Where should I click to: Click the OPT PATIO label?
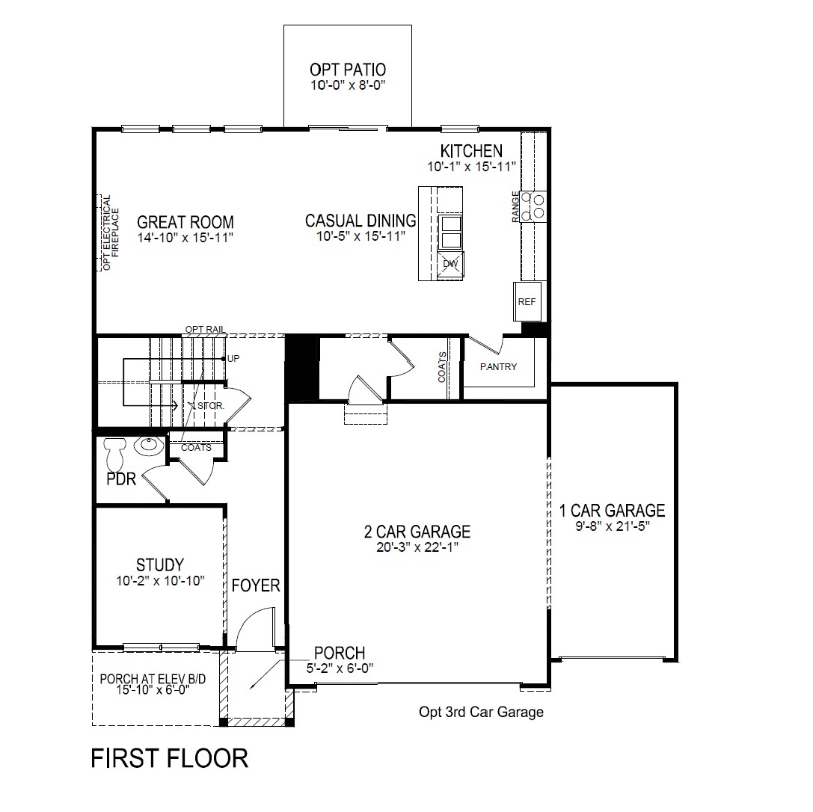[x=347, y=70]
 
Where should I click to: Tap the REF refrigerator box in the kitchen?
[x=527, y=301]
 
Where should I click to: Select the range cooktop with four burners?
[x=533, y=206]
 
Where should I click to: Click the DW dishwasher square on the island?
[x=450, y=264]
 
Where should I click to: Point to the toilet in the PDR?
[x=114, y=454]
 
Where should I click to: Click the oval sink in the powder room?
[x=149, y=446]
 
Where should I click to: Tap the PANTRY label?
[x=498, y=367]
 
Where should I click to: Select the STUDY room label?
[x=160, y=565]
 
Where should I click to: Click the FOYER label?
[x=256, y=585]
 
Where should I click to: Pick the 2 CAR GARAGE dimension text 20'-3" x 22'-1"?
[x=417, y=547]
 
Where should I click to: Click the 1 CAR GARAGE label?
[x=612, y=511]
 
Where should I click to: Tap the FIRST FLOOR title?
[x=170, y=758]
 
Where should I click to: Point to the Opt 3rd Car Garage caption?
[x=481, y=712]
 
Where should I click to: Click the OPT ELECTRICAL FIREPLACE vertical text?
[x=111, y=233]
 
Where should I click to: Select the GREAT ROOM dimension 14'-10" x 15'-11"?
[x=185, y=238]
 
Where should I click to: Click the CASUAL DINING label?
[x=361, y=221]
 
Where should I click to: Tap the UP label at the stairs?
[x=233, y=359]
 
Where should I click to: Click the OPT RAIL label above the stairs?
[x=206, y=330]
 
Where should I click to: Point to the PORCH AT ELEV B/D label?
[x=153, y=678]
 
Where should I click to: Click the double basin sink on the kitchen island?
[x=450, y=232]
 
